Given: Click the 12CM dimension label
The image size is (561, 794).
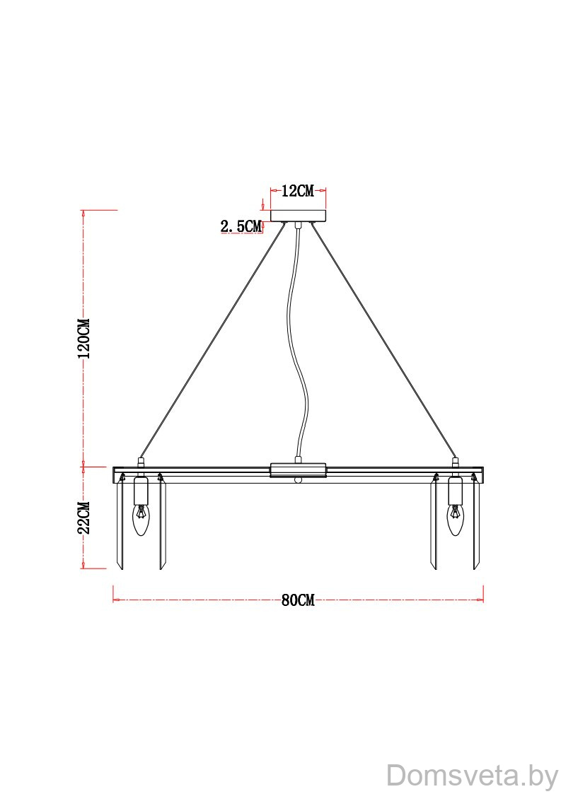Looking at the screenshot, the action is tap(297, 191).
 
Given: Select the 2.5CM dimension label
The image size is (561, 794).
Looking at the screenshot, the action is tap(241, 226).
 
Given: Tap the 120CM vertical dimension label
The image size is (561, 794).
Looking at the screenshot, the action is tap(83, 338).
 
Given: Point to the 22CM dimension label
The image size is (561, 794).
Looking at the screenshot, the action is tap(83, 518).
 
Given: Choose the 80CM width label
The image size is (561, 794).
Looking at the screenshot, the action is tap(298, 600).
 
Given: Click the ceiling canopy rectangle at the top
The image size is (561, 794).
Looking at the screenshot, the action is tap(298, 216).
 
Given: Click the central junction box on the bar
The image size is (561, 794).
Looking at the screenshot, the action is tap(298, 470).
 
